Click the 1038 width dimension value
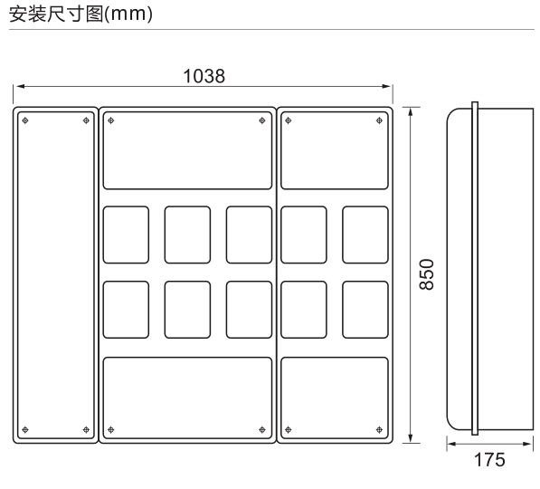coord(204,76)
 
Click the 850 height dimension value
coord(427,274)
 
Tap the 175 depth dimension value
coord(489,460)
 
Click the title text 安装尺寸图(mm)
coord(81,14)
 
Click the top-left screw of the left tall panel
coord(25,120)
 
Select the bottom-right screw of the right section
coord(379,429)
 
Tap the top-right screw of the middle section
coord(262,120)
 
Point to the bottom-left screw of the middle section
coord(111,429)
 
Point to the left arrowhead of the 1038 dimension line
coord(20,86)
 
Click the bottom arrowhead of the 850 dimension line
coord(410,438)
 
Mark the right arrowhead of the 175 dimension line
coord(528,444)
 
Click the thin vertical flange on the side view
coord(475,268)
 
